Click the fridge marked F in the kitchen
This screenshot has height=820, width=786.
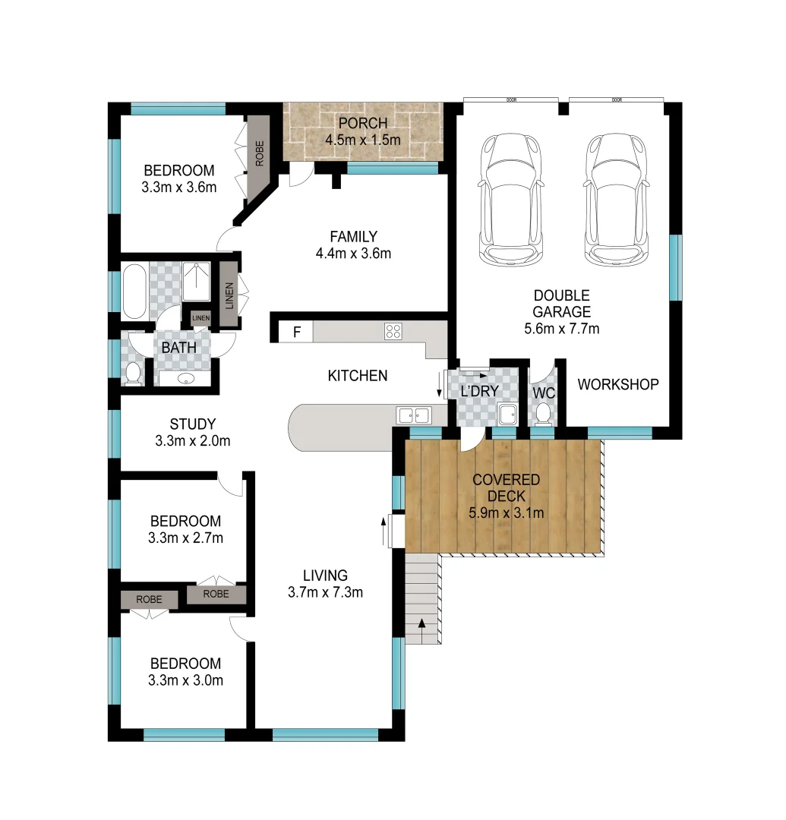[296, 332]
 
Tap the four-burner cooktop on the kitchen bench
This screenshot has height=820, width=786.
[393, 331]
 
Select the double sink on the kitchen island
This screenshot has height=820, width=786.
[413, 415]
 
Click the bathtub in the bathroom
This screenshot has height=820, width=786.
[134, 292]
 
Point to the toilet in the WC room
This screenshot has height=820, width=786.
[543, 413]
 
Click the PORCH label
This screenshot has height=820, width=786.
[362, 123]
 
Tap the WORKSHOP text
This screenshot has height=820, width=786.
[617, 384]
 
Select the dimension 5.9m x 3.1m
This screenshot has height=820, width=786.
[506, 512]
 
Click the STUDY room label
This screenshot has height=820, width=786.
[192, 424]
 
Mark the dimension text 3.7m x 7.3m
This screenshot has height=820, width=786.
[325, 591]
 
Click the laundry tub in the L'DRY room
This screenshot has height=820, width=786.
[507, 415]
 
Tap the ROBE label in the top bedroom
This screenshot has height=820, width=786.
[259, 154]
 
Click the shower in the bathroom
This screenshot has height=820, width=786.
[197, 282]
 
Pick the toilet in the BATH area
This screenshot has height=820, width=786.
[133, 374]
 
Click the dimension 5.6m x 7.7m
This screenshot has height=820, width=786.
[561, 329]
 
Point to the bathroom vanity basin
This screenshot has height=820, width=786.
[186, 378]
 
